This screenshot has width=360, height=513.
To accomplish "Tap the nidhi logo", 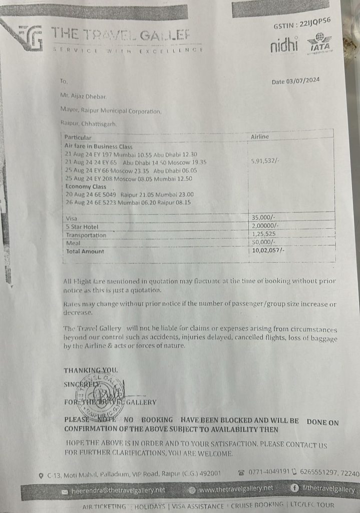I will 284,46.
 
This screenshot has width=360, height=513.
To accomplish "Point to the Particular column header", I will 78,137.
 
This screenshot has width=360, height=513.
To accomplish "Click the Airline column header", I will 259,136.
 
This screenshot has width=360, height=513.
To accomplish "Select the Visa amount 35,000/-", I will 262,217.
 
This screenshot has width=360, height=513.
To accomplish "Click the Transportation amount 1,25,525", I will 263,234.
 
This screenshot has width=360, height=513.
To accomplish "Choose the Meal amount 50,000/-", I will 262,242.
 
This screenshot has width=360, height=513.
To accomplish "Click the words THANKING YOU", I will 91,370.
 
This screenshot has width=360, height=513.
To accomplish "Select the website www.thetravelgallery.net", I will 236,488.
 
